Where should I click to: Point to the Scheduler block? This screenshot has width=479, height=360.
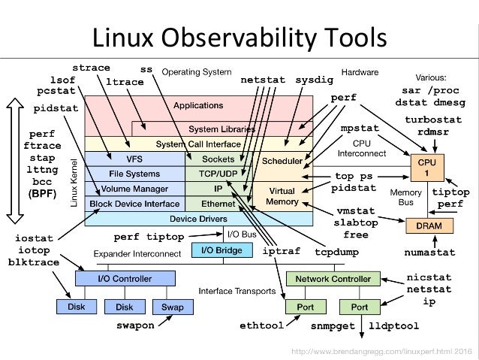(x=282, y=161)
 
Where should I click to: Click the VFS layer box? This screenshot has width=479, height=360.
(x=134, y=159)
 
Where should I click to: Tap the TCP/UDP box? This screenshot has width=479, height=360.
(x=218, y=174)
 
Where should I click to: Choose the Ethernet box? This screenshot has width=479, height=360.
(x=218, y=203)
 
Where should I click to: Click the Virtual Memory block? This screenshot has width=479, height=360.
(x=282, y=196)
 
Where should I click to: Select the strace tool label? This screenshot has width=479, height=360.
(x=91, y=68)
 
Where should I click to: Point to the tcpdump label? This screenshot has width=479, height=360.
(x=334, y=251)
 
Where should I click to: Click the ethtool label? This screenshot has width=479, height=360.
(x=261, y=327)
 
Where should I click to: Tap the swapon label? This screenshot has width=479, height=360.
(x=135, y=326)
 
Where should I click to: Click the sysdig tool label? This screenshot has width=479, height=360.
(x=313, y=79)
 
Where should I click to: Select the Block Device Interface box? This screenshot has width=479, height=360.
(x=134, y=203)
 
